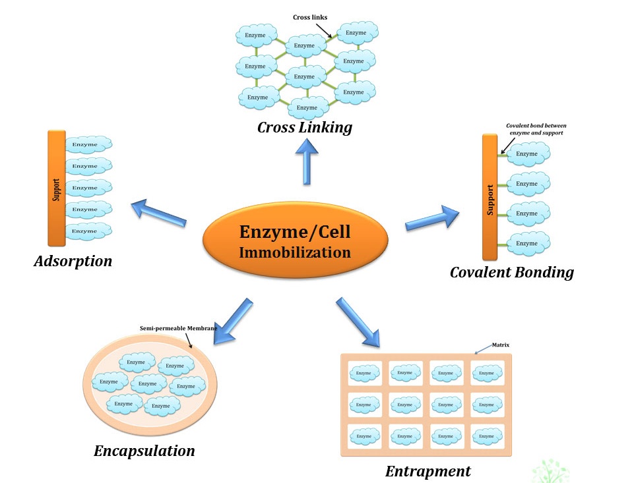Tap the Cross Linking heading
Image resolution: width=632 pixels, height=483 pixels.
(304, 127)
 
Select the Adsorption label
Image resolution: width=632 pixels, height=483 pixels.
(73, 262)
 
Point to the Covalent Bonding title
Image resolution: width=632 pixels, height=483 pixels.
(511, 272)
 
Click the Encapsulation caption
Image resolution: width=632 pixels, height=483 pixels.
(144, 451)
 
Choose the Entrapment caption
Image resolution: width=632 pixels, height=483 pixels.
(427, 471)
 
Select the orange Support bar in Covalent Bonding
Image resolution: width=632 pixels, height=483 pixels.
(490, 198)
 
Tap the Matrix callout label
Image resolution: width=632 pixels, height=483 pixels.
(501, 345)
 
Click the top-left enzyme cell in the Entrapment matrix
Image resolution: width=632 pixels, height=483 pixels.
(363, 373)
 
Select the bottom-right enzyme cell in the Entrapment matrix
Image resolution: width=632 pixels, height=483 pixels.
(486, 436)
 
